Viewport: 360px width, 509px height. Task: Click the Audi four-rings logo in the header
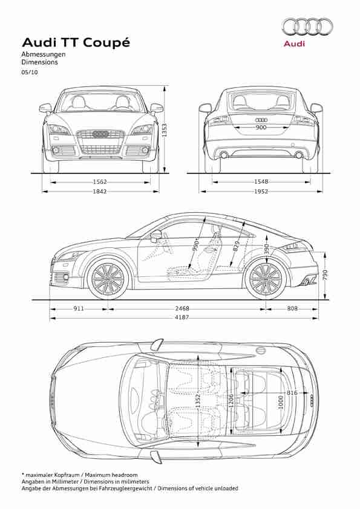307,27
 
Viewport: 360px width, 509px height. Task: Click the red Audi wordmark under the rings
295,44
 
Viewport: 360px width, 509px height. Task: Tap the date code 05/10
30,73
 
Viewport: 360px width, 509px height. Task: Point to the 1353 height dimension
165,130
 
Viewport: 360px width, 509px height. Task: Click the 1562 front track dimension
100,182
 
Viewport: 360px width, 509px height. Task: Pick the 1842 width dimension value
100,192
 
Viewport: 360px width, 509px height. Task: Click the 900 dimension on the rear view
261,127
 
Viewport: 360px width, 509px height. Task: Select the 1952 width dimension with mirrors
261,192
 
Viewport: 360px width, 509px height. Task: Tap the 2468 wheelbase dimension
182,308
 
